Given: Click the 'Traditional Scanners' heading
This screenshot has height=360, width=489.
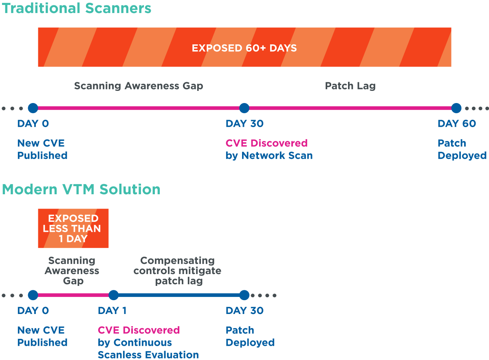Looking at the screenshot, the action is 77,8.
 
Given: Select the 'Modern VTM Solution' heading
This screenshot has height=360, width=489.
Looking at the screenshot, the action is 81,189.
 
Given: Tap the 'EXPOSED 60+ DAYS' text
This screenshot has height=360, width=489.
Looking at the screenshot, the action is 244,48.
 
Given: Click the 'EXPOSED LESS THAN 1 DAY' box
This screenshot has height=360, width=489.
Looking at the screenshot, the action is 73,228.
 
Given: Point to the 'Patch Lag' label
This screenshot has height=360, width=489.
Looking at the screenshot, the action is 350,86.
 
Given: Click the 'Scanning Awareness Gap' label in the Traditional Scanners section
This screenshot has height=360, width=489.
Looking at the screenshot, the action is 139,86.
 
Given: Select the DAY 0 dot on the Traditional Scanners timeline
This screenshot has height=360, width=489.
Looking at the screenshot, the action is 33,108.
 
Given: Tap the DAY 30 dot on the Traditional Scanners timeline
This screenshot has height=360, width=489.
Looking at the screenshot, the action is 244,108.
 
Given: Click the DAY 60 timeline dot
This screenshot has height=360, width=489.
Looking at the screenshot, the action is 456,108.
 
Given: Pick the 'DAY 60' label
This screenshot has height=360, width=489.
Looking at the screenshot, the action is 457,123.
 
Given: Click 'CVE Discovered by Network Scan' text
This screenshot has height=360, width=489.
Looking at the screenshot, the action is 269,149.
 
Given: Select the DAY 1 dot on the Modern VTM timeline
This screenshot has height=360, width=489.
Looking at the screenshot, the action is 114,295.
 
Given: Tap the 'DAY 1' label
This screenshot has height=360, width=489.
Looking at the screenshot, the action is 112,310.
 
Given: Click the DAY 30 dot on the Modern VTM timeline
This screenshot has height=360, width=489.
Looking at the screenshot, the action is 244,295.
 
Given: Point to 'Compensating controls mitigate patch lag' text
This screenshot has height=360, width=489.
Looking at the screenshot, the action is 178,270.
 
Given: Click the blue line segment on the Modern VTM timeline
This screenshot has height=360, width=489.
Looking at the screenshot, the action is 179,295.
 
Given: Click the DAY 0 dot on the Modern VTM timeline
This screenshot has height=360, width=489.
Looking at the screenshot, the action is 33,295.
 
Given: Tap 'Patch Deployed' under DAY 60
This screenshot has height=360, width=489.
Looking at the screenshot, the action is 462,149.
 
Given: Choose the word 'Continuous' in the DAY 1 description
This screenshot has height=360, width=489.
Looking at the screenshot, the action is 143,342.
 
